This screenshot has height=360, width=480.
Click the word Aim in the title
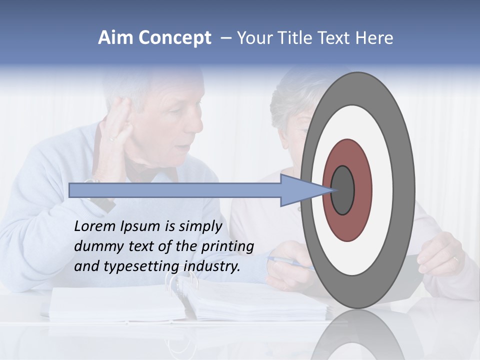[116, 38]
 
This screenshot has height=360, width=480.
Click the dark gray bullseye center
[343, 190]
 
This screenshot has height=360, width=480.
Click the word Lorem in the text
[94, 226]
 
